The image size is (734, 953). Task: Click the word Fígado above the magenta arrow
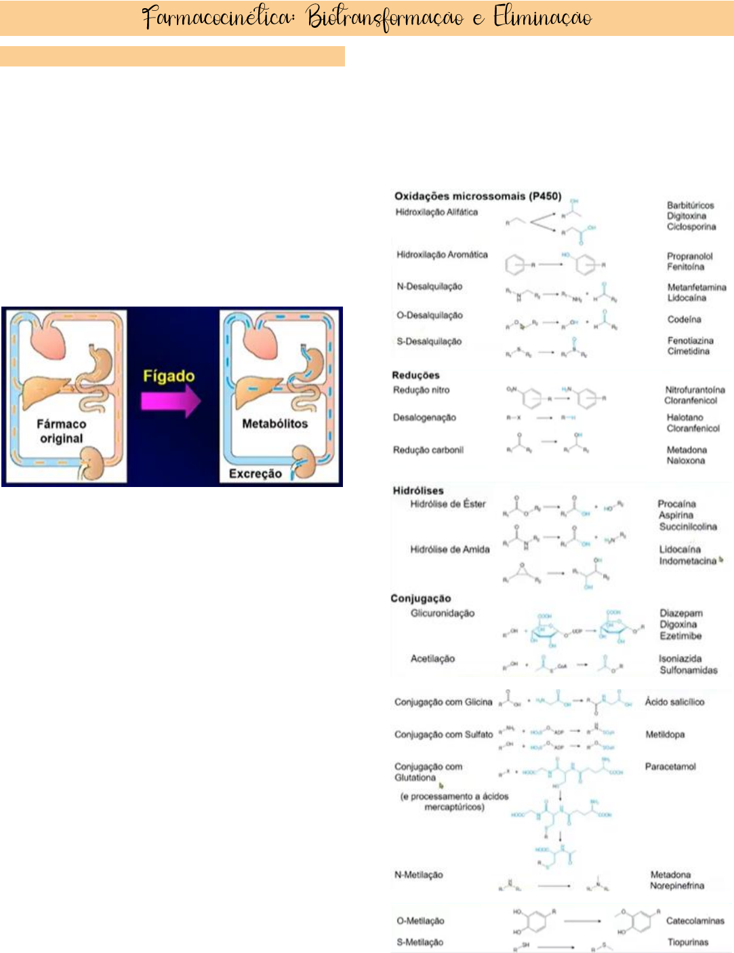(x=169, y=376)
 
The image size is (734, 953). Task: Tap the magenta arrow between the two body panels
(x=170, y=402)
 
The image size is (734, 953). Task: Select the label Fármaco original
(x=61, y=431)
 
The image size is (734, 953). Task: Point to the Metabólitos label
(x=274, y=423)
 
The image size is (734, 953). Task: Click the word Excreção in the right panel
(x=255, y=473)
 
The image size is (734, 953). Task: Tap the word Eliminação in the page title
(x=542, y=18)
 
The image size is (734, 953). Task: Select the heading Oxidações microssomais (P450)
(x=478, y=196)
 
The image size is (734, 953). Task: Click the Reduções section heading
(x=415, y=375)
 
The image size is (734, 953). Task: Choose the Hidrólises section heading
(x=418, y=490)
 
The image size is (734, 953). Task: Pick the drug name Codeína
(x=684, y=319)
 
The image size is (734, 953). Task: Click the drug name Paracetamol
(x=670, y=766)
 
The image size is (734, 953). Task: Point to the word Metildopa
(x=665, y=735)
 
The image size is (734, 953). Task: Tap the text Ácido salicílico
(x=674, y=702)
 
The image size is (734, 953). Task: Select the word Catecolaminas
(x=695, y=921)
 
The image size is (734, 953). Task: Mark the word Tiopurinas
(x=687, y=942)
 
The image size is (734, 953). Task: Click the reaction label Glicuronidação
(x=443, y=613)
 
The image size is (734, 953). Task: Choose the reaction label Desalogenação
(x=424, y=418)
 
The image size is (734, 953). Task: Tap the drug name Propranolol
(x=690, y=256)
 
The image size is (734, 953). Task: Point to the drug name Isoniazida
(x=680, y=659)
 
